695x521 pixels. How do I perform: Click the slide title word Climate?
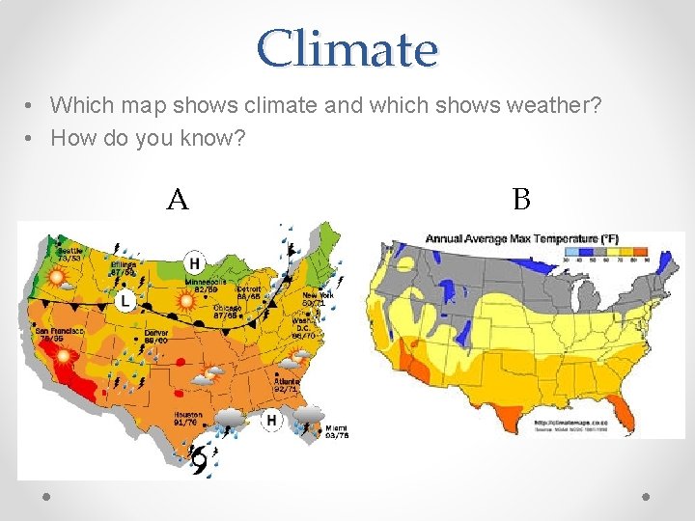[347, 48]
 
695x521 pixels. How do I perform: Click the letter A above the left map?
[177, 200]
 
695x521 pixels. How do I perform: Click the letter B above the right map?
[521, 200]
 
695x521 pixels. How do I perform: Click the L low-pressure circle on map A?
[125, 302]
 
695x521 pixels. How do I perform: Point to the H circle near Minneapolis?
[194, 262]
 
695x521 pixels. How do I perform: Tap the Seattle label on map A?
[69, 254]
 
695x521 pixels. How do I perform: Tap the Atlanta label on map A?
[286, 383]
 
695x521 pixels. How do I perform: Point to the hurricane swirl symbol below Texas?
[200, 463]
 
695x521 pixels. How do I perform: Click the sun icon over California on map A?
[65, 356]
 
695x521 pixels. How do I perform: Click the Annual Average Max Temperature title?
[522, 238]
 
